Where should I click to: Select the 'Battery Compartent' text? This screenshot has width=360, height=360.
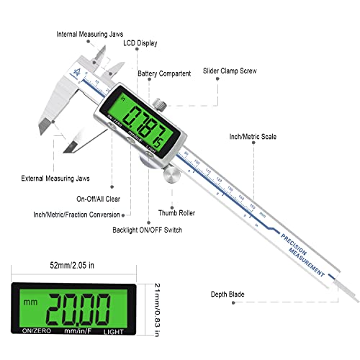pos(166,73)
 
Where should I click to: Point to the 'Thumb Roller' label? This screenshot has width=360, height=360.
pos(179,213)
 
